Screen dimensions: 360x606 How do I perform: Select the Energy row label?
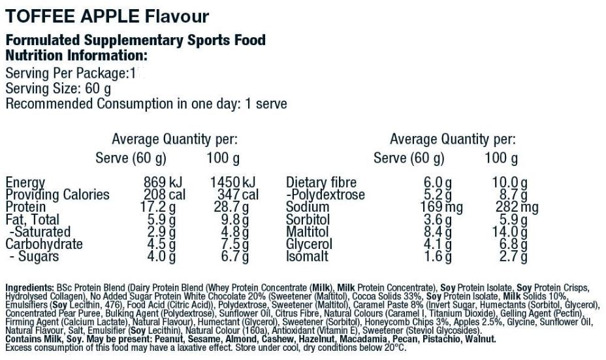tap(25, 183)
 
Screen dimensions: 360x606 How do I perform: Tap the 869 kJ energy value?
tap(164, 183)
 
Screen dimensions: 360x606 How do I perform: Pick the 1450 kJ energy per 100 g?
tap(232, 183)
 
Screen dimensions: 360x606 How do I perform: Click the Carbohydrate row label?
tap(44, 244)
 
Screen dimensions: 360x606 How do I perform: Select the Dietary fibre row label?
tap(321, 183)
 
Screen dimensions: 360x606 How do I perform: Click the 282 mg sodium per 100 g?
tap(515, 208)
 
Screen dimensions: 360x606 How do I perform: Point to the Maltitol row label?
tap(309, 232)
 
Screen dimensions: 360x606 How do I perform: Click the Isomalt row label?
tap(307, 257)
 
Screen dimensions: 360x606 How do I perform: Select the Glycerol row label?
tap(310, 244)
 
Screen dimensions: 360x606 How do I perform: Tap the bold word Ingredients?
tap(29, 287)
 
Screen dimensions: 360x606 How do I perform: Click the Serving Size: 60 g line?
tap(58, 88)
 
